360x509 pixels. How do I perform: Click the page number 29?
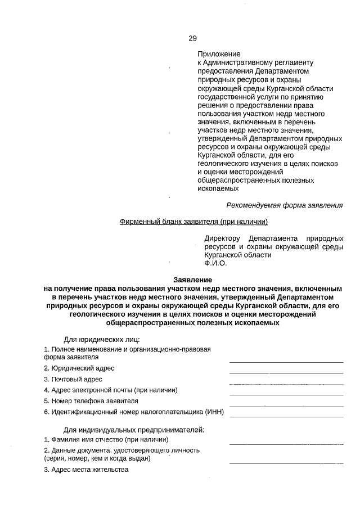(192, 39)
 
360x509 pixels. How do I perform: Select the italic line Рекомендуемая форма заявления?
(284, 205)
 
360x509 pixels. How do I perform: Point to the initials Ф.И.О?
(215, 263)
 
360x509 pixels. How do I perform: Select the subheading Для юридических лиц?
(102, 339)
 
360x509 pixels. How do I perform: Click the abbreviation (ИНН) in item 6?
(215, 412)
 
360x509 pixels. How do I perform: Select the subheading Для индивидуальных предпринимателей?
(134, 430)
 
